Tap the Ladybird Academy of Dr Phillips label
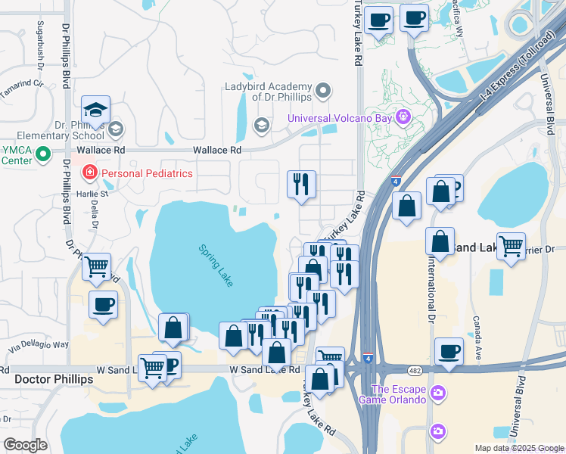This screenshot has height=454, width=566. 268,92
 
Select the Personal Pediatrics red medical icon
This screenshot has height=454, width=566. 90,173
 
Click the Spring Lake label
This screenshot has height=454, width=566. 216,265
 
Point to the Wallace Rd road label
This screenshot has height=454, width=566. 220,150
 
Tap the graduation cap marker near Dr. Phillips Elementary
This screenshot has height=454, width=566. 96,110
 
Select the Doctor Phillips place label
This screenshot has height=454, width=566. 54,378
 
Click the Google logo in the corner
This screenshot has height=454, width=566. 25,444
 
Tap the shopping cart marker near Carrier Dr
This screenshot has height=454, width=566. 511,246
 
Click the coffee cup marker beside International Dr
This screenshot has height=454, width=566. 449,352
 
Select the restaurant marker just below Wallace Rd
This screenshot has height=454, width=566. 301,184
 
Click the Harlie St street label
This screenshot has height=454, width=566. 94,193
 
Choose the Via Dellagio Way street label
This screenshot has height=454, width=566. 38,345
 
